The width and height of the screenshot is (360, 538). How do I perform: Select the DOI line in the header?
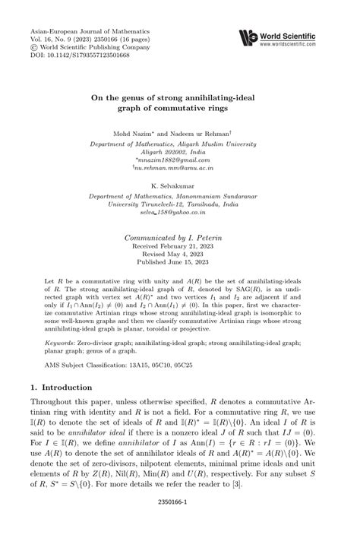[70, 55]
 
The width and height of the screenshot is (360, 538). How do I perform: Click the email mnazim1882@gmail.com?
[179, 160]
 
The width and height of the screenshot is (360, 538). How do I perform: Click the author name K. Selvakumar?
[179, 185]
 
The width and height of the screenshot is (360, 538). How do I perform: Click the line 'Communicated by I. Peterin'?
[179, 236]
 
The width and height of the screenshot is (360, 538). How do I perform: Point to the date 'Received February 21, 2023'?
[179, 246]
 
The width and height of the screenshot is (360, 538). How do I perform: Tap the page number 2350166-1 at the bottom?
[179, 522]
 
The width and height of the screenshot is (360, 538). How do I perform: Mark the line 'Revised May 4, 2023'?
[179, 255]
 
